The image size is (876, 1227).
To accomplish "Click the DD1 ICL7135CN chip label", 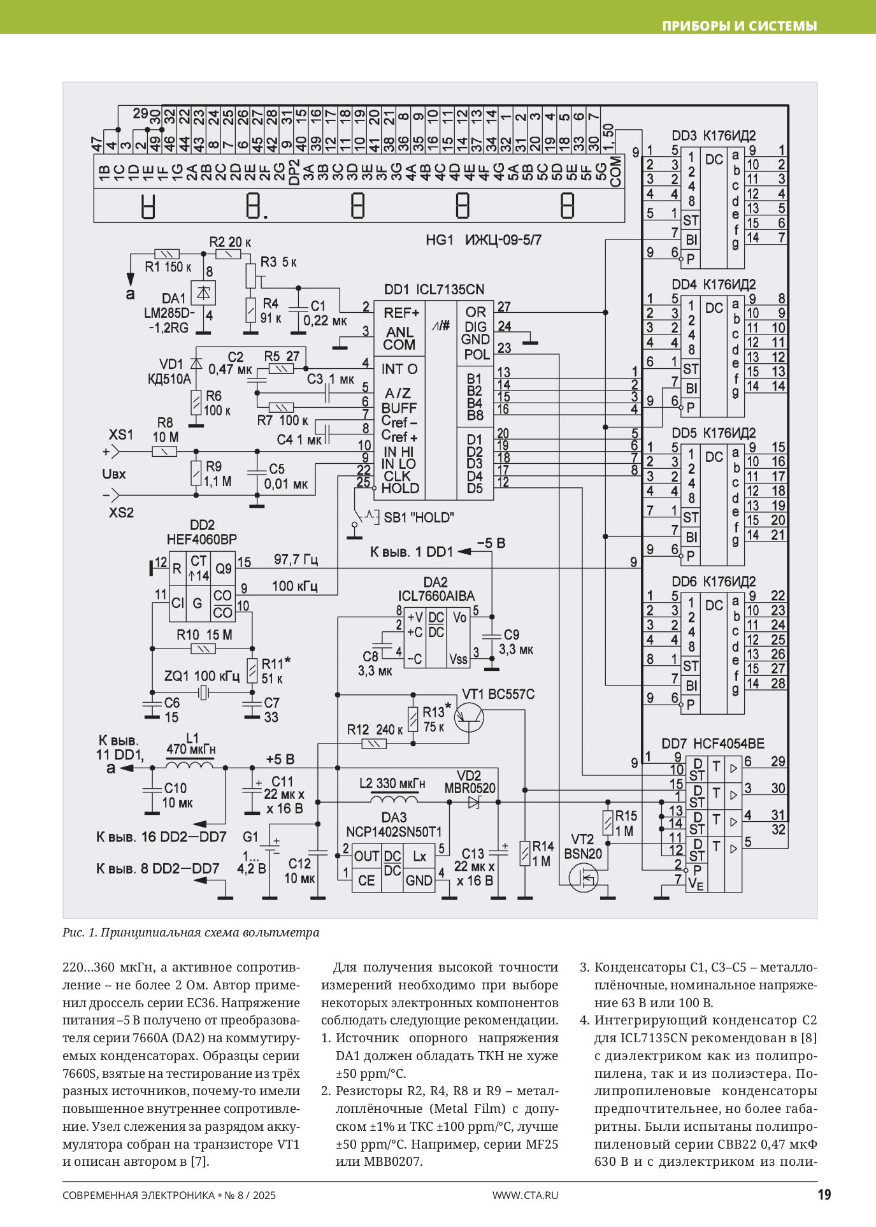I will (434, 289).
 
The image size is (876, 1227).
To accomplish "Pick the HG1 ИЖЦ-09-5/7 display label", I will (484, 240).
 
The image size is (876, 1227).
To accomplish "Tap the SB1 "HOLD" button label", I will (419, 517).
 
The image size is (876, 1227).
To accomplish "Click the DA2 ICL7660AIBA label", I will (436, 589).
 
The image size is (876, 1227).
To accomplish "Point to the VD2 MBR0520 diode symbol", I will (473, 802).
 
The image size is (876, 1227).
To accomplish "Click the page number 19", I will (824, 1195).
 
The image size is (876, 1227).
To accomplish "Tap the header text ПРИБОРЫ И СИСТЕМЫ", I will (739, 26).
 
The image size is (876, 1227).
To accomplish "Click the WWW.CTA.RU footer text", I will (525, 1195).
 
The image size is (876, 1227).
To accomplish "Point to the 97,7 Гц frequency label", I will (296, 560).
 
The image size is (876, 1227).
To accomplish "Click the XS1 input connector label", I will (121, 435).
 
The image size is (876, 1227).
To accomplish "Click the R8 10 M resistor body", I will (164, 452).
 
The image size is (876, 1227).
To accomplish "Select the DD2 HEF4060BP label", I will (201, 533).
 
